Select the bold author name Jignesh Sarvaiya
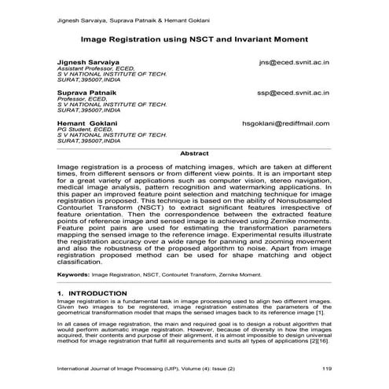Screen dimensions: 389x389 (86, 61)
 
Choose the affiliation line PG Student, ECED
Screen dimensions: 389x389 (85, 130)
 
